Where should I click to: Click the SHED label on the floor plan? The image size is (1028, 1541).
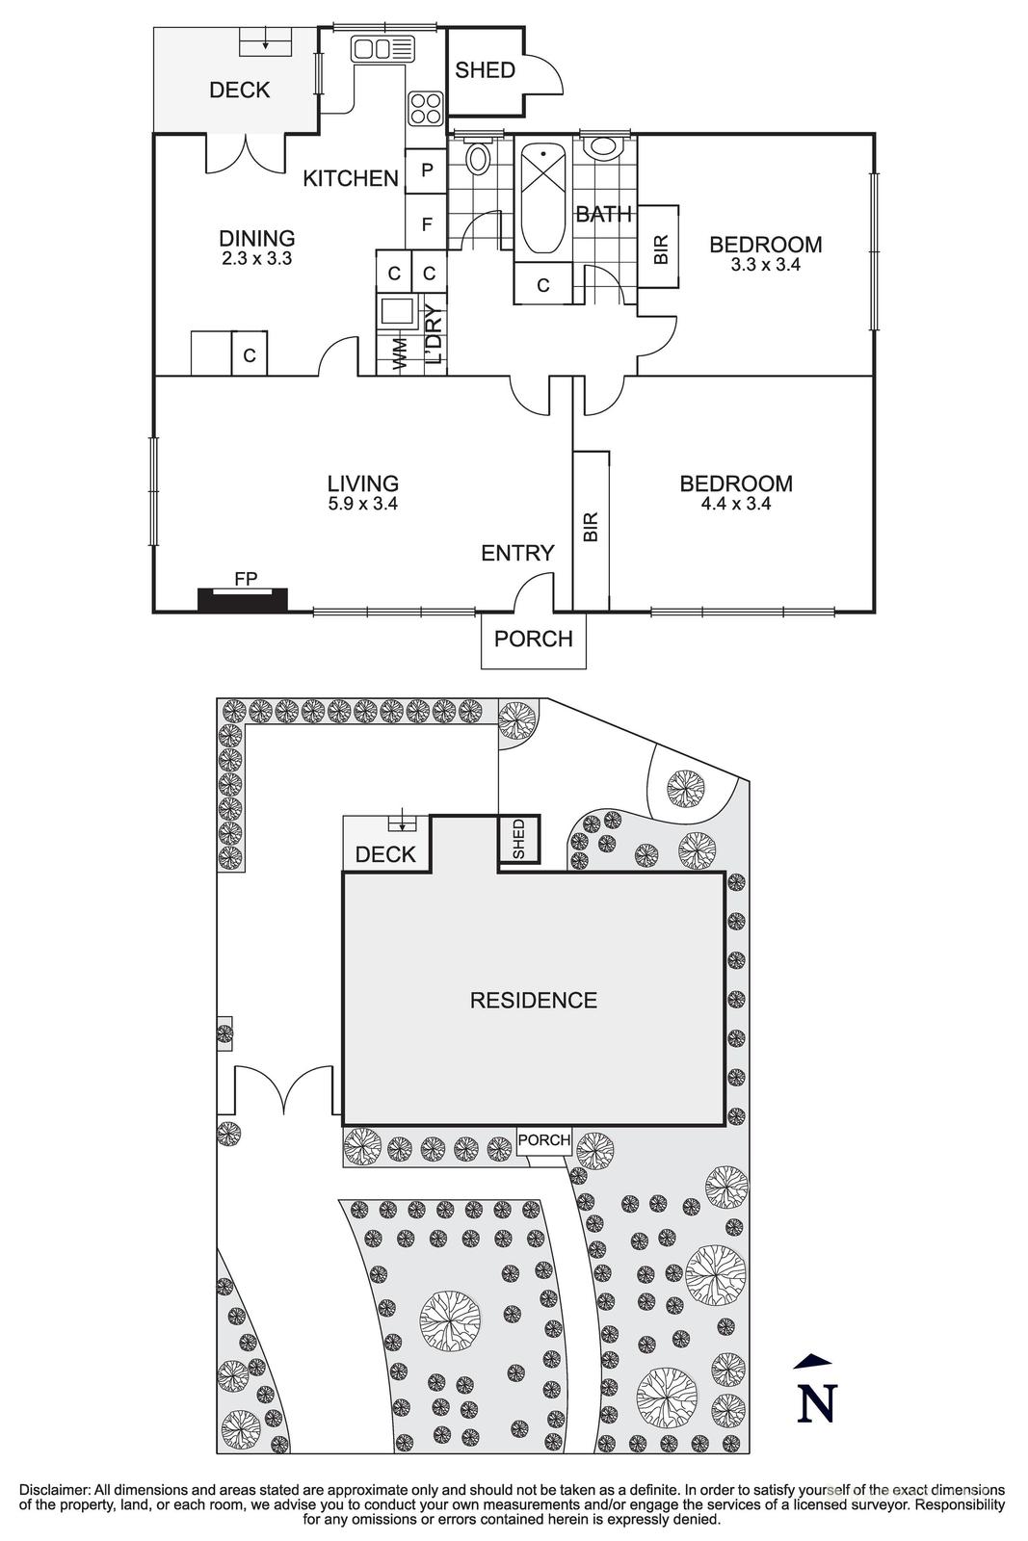point(485,70)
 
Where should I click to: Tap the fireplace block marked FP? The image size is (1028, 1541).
point(243,599)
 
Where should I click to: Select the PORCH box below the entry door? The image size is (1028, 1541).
point(533,640)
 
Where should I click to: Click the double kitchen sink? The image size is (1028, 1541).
point(381,48)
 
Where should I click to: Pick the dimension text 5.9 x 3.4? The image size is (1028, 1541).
point(362,503)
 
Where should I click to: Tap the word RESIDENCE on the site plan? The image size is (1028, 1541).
point(533,1001)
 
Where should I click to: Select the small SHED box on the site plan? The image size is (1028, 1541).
point(518,840)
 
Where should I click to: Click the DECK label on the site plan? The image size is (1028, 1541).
point(385,854)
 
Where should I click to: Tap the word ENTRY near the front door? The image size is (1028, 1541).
point(517,553)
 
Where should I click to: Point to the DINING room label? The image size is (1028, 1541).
point(256,239)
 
